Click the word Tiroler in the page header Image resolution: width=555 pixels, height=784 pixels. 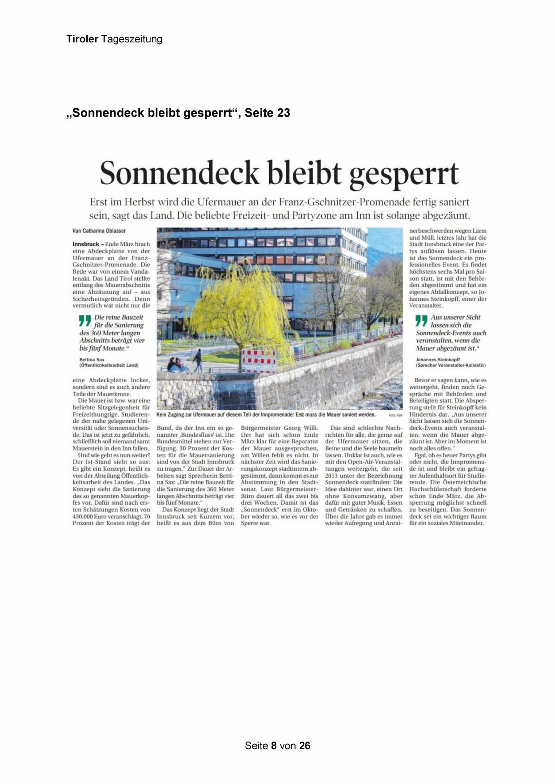point(82,39)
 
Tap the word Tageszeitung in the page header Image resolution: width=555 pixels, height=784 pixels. point(131,39)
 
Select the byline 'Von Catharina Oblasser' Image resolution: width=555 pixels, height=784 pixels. point(99,231)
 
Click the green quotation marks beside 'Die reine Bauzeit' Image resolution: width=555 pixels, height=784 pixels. point(85,320)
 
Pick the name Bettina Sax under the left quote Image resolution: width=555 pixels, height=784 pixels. point(92,359)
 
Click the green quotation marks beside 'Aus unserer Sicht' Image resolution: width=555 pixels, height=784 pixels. point(421,320)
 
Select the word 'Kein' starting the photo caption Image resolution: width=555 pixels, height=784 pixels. point(162,415)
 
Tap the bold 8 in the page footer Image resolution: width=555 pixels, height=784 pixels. point(274,746)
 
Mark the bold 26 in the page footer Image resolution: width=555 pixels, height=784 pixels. point(305,746)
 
